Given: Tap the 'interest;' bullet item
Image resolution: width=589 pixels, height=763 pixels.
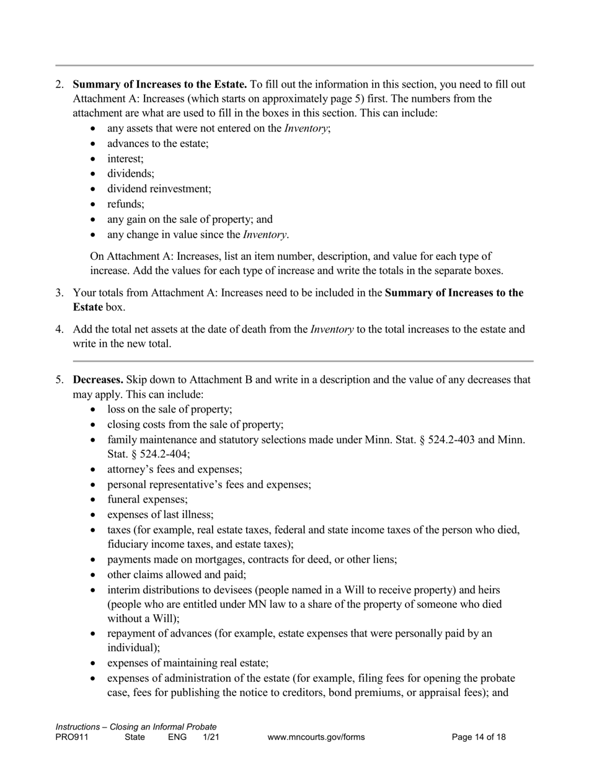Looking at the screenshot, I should (x=125, y=159).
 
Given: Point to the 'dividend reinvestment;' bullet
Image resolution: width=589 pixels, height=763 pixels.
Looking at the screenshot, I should (x=159, y=189).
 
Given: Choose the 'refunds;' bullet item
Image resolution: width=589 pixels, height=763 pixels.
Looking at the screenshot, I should (x=126, y=204).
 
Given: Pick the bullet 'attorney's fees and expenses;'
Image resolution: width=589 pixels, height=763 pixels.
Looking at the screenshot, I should (x=174, y=470).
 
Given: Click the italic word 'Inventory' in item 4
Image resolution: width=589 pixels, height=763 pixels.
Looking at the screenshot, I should (x=332, y=329).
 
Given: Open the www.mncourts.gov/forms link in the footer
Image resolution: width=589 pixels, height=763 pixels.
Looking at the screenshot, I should (x=316, y=738).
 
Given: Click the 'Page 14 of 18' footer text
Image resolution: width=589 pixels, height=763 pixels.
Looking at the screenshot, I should (x=479, y=738).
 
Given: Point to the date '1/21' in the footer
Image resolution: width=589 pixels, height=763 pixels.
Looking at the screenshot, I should (x=211, y=738).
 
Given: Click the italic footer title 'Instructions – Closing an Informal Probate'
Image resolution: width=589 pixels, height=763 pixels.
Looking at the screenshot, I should (x=136, y=727).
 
